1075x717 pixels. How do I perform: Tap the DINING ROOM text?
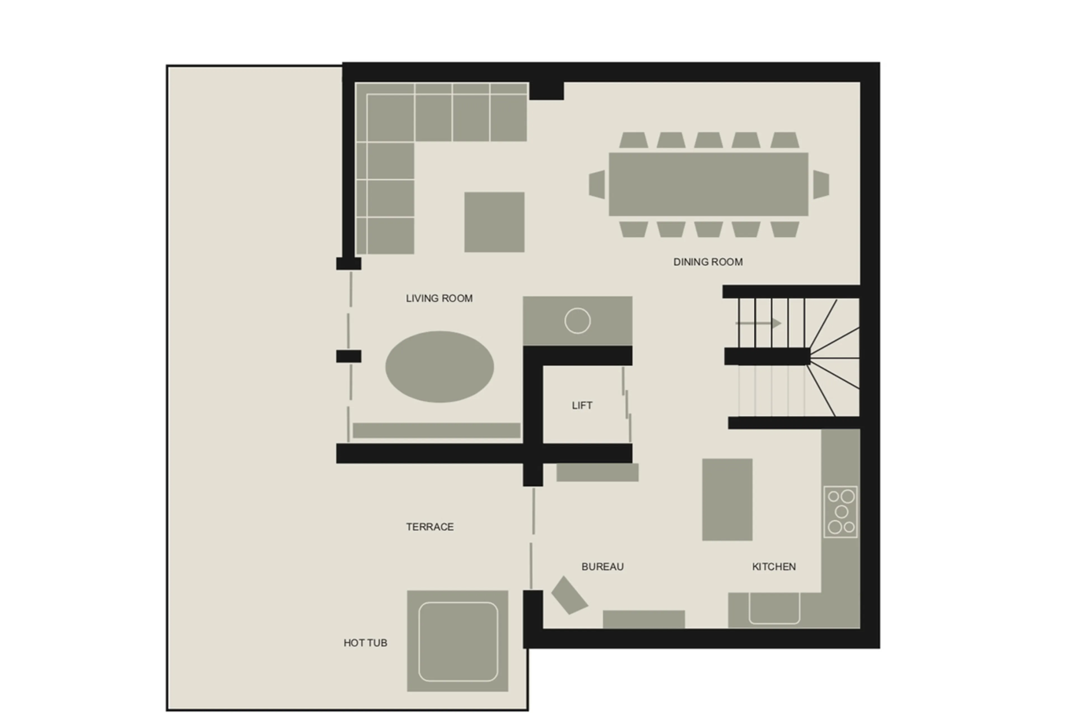coord(708,262)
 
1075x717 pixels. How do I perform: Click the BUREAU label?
coord(602,567)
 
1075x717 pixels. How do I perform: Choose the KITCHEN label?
coord(773,567)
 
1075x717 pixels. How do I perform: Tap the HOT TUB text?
coord(365,643)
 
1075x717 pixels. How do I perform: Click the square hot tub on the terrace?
coord(457,641)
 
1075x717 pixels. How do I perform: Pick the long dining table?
coord(708,184)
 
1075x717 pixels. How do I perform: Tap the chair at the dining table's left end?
coord(597,184)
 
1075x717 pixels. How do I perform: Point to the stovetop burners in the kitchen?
coord(840,512)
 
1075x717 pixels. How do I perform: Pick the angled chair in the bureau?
coord(569,595)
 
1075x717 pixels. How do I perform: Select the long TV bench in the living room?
coord(436,430)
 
